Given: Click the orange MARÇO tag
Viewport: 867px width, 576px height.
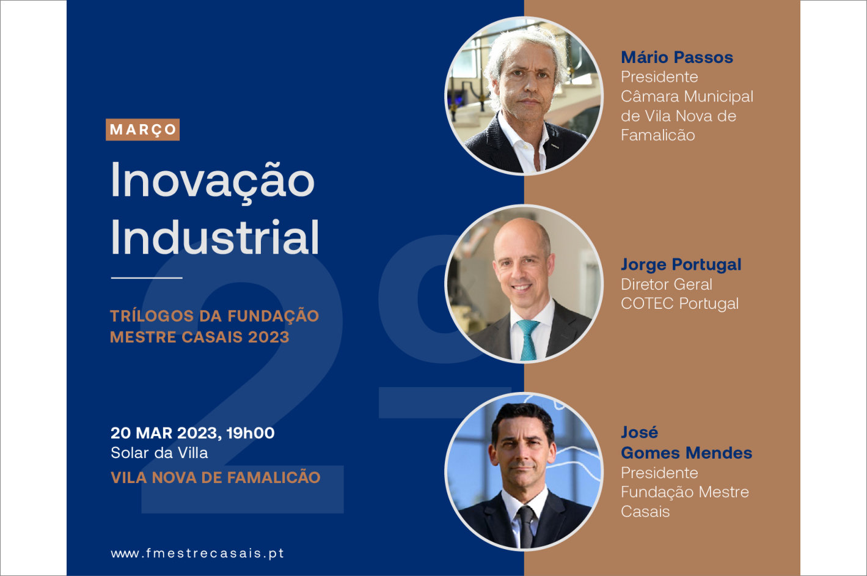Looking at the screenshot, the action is tap(142, 130).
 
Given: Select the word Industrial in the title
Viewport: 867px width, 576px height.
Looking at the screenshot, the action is tap(215, 237).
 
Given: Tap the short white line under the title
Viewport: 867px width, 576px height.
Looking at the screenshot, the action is tap(147, 278).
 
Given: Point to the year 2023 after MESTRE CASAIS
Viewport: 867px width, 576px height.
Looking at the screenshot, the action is tap(269, 337).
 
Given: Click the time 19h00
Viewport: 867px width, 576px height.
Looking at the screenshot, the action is tap(251, 433).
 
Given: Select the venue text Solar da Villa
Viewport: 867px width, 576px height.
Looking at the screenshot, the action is tap(159, 453).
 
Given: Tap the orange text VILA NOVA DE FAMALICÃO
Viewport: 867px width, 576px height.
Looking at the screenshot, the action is tap(216, 477).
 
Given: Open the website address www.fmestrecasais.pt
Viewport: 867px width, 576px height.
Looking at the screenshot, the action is tap(197, 553).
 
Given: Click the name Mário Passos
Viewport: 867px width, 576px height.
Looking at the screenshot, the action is tap(677, 57).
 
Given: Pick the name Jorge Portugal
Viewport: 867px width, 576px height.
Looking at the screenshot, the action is tap(681, 265).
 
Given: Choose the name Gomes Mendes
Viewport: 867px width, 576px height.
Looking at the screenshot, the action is tap(687, 453).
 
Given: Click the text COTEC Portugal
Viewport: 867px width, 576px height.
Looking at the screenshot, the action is tap(679, 303).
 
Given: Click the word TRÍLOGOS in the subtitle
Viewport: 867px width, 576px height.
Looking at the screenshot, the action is tap(152, 316).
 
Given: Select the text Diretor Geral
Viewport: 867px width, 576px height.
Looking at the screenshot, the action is tap(667, 284).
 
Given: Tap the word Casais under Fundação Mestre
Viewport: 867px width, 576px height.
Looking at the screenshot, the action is tap(645, 512).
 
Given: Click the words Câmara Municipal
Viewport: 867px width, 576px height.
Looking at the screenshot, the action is tap(687, 97).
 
